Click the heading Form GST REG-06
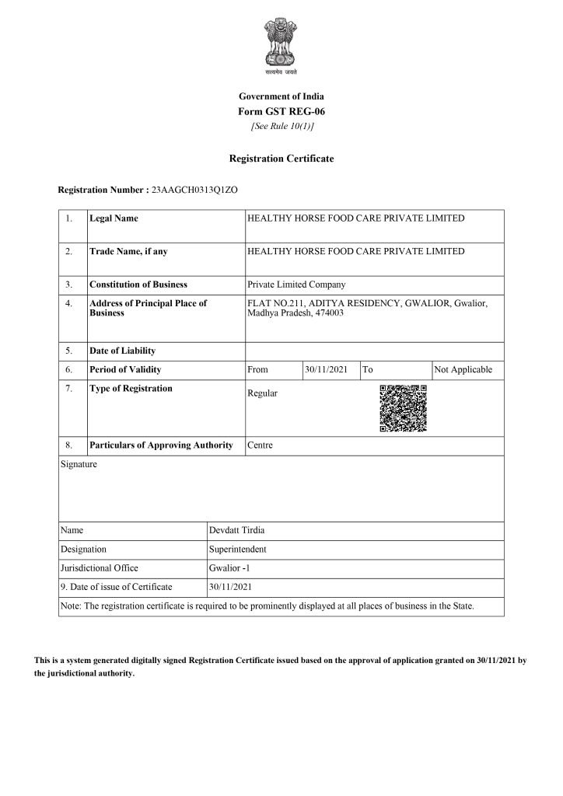[281, 111]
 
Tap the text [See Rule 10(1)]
[281, 126]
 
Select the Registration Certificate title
[281, 159]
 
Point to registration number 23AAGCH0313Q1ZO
[189, 190]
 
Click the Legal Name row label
[114, 218]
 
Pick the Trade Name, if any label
[128, 251]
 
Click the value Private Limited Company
[295, 285]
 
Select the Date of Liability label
[122, 351]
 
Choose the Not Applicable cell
[463, 369]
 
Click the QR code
[403, 408]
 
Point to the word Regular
[262, 393]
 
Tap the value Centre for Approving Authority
[260, 445]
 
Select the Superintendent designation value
[238, 549]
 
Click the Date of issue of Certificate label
[116, 587]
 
